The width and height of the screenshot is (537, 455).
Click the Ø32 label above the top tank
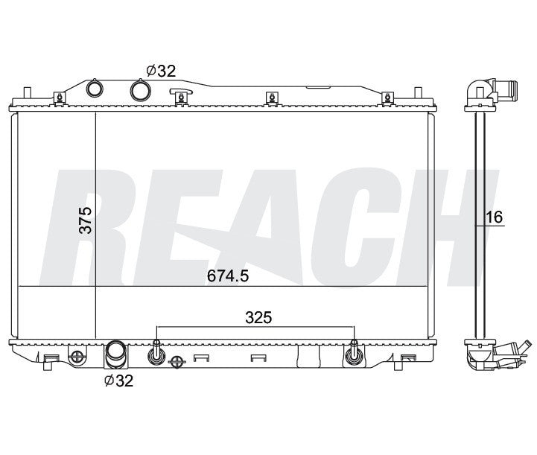[x=160, y=71]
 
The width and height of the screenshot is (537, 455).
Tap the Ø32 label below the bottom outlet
[x=118, y=381]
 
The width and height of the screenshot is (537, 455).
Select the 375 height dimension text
[x=86, y=221]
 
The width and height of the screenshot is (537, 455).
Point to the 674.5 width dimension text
[x=226, y=276]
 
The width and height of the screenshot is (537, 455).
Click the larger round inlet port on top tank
[x=141, y=90]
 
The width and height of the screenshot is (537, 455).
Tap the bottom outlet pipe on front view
[x=115, y=354]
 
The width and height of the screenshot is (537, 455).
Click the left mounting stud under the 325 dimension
[x=157, y=354]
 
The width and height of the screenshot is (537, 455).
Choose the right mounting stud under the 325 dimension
[x=353, y=354]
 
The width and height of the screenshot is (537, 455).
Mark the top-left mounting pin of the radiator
[x=27, y=95]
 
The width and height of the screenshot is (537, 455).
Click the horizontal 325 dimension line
[x=255, y=328]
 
